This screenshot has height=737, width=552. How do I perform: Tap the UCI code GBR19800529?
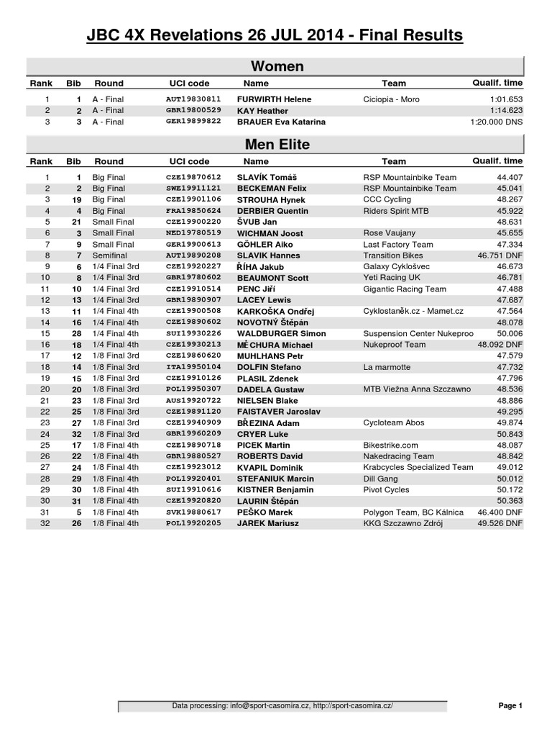tap(193, 111)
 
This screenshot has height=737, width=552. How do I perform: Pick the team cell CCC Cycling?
tap(387, 199)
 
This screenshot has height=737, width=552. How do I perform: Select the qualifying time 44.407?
tap(509, 177)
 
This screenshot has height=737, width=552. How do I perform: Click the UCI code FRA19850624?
tap(193, 211)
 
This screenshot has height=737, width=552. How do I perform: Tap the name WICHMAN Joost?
tap(270, 233)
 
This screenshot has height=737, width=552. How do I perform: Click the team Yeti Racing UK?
tap(392, 278)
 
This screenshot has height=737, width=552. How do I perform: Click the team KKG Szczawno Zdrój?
tap(403, 523)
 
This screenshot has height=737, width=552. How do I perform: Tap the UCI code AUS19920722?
tap(193, 401)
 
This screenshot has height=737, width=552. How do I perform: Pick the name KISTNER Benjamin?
tap(275, 490)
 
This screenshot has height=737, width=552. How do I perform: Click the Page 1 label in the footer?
tap(510, 706)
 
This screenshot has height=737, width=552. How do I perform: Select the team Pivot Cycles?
tap(387, 490)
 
